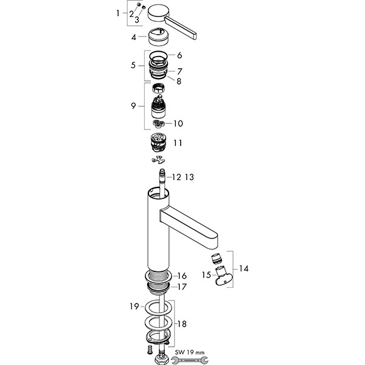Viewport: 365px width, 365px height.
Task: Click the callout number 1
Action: point(119,13)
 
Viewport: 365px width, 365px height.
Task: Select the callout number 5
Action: point(133,65)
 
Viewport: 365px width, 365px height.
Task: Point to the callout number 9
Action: point(133,106)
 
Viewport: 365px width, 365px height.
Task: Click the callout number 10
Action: point(178,123)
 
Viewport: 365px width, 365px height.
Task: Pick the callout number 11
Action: point(177,144)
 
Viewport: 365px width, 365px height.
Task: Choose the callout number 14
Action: point(244,268)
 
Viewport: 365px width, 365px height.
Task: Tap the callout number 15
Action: point(206,275)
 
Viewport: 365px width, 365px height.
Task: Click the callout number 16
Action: point(182,276)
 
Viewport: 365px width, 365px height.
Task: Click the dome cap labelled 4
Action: point(159,38)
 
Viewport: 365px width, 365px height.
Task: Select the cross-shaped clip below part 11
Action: point(159,160)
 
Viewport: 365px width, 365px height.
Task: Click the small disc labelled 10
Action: point(160,123)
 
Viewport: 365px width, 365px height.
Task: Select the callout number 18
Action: point(182,324)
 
